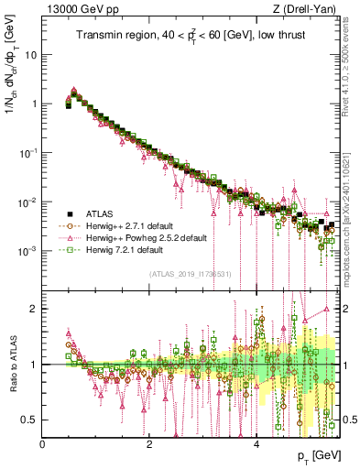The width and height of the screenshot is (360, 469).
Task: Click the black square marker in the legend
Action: point(67,213)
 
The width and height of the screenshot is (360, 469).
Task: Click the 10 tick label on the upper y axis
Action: point(31,54)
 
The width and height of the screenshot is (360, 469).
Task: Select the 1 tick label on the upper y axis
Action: point(35,104)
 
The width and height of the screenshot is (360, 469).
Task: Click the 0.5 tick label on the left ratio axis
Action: point(30,420)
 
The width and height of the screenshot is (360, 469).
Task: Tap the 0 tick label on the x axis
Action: point(43,443)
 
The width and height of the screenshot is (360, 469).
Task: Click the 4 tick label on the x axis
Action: point(256,443)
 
